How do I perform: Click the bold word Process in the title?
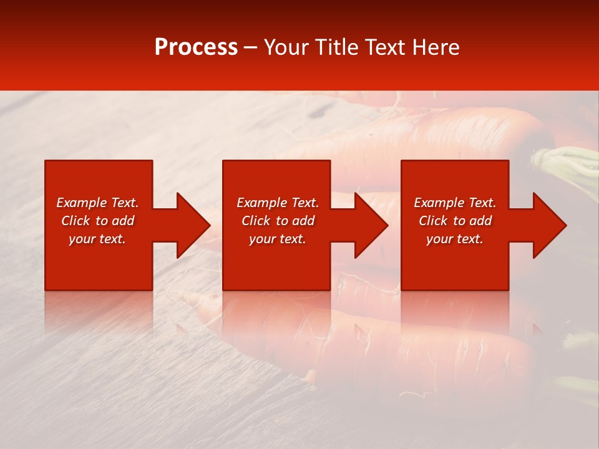point(196,47)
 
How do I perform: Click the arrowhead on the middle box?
point(371,225)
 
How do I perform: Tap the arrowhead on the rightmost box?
point(549,225)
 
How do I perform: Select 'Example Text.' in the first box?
point(97,203)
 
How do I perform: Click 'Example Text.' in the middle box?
point(278,203)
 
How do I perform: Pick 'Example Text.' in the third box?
point(455,203)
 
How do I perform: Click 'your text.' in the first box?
point(97,239)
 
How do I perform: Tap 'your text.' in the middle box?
point(278,239)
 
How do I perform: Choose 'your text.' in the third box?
point(455,239)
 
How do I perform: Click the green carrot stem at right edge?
point(571,165)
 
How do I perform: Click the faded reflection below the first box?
point(99,312)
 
